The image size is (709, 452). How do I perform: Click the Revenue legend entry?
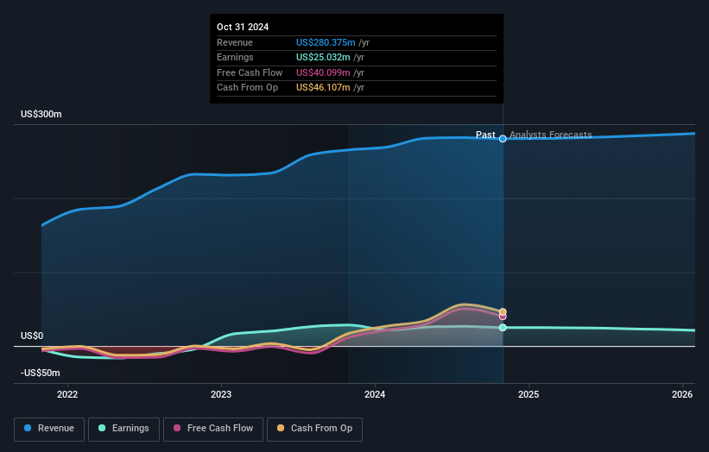50,428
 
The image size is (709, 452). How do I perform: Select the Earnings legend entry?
124,428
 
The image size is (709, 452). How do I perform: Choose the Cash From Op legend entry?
314,428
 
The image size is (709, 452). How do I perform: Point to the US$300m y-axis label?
41,114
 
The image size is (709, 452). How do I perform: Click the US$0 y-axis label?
33,336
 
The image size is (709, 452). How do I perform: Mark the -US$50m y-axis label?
41,373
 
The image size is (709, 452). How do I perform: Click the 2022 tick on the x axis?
67,394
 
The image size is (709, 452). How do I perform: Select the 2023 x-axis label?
221,394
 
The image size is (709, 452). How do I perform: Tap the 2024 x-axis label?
375,394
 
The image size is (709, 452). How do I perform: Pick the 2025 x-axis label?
529,394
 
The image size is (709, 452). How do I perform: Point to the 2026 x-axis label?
682,394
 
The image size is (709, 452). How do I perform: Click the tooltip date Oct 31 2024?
243,27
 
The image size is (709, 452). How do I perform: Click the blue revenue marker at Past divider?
503,139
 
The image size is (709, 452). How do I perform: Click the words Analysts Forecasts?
550,135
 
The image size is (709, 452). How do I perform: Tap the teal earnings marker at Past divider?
503,328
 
